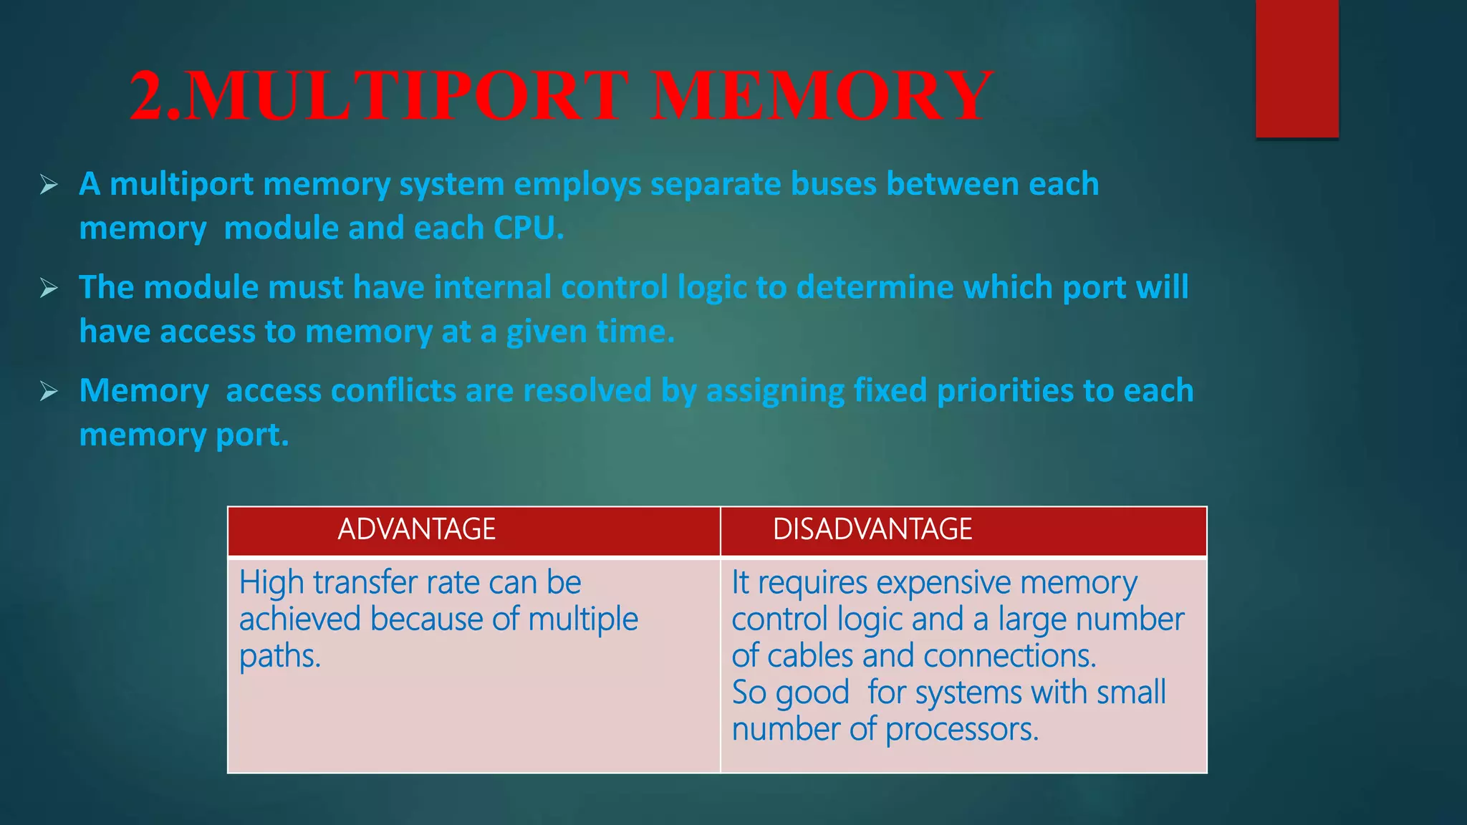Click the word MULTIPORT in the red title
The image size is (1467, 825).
(x=408, y=97)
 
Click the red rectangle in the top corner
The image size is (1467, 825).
(x=1297, y=68)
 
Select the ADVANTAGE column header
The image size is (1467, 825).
(x=416, y=529)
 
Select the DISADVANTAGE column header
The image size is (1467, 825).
(x=872, y=529)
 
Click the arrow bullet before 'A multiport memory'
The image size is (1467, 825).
(x=49, y=185)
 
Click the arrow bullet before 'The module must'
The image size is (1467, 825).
(x=49, y=288)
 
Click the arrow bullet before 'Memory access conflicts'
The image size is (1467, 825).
(x=49, y=391)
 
